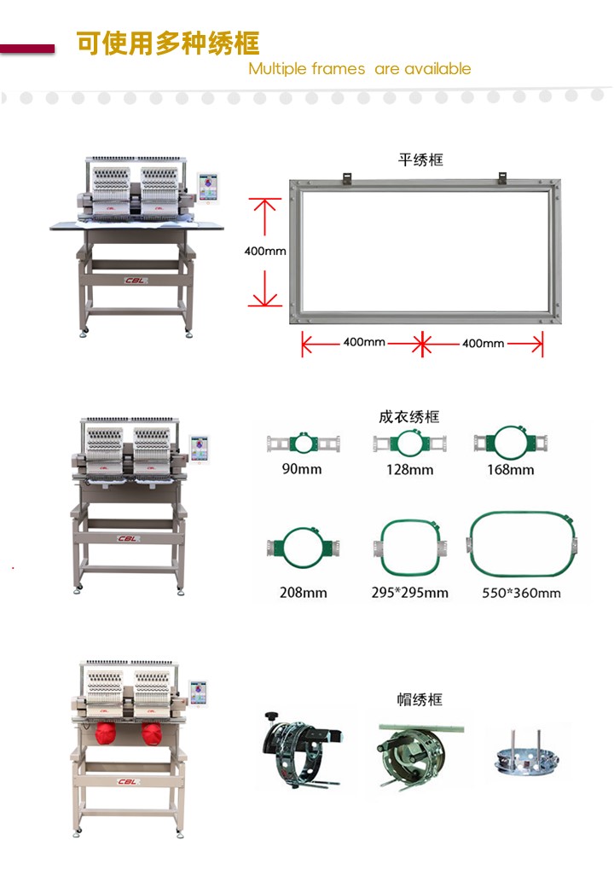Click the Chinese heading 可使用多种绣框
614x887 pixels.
tap(168, 43)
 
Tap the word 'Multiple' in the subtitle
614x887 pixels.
tap(276, 69)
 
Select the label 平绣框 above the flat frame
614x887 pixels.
tap(420, 160)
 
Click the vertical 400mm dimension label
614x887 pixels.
tap(265, 251)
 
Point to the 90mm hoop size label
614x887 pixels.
tap(302, 469)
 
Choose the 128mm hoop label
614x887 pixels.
tap(410, 470)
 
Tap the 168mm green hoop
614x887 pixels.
tap(511, 441)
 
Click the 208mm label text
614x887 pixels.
tap(303, 592)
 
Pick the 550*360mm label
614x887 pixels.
tap(521, 593)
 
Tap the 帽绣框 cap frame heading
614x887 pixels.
tap(420, 699)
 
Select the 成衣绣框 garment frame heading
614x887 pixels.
tap(409, 417)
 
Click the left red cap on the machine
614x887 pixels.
tap(105, 733)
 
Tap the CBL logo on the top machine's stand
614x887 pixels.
tap(136, 281)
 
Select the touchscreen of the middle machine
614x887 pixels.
tap(199, 449)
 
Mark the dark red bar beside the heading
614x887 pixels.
tap(27, 49)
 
